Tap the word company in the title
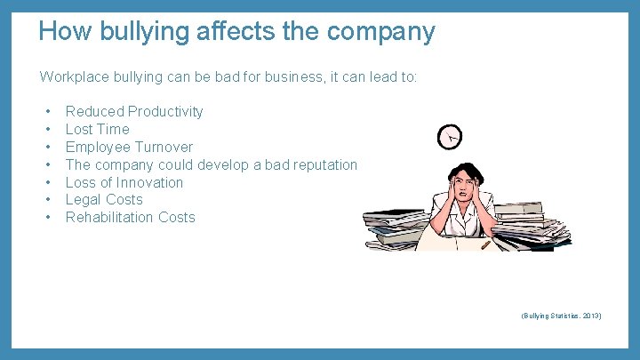(381, 33)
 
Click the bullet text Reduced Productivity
(134, 111)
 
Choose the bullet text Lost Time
(98, 129)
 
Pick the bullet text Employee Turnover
(129, 147)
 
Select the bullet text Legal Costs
(104, 200)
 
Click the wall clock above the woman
(451, 136)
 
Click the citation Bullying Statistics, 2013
(562, 316)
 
